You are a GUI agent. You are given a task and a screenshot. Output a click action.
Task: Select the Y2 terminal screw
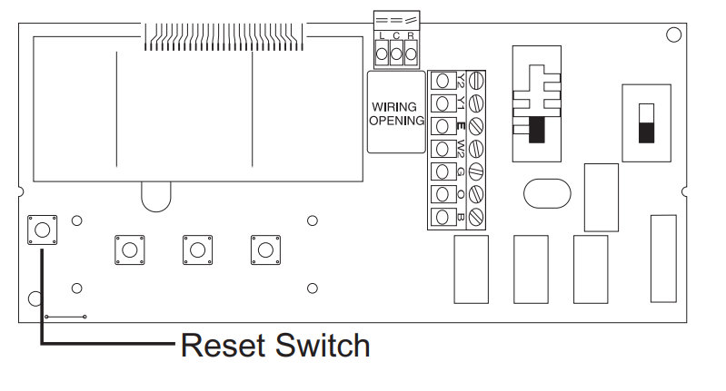tap(474, 80)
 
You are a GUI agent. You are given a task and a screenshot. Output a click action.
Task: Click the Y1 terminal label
tap(461, 102)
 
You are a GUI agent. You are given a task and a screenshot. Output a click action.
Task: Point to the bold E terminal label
tap(461, 125)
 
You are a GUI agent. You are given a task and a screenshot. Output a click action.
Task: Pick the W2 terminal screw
tap(474, 148)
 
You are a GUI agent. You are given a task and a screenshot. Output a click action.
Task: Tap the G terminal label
tap(461, 171)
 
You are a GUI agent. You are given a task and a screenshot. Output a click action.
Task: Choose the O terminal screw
tap(474, 194)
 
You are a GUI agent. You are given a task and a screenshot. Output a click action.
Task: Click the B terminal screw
tap(474, 218)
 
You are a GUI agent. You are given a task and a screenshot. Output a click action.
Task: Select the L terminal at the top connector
tap(382, 54)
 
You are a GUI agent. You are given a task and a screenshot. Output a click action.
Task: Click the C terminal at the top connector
tap(396, 54)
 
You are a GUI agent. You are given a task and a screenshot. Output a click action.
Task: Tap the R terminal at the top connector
tap(411, 54)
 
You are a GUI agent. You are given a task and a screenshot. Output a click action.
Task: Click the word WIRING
tap(394, 107)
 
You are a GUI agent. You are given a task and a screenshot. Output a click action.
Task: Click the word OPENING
tap(394, 121)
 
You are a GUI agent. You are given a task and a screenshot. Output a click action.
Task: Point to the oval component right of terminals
tap(546, 193)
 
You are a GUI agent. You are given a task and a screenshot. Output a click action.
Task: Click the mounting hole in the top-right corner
tap(672, 34)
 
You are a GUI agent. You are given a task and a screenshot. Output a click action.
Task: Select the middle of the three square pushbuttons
tap(196, 249)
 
